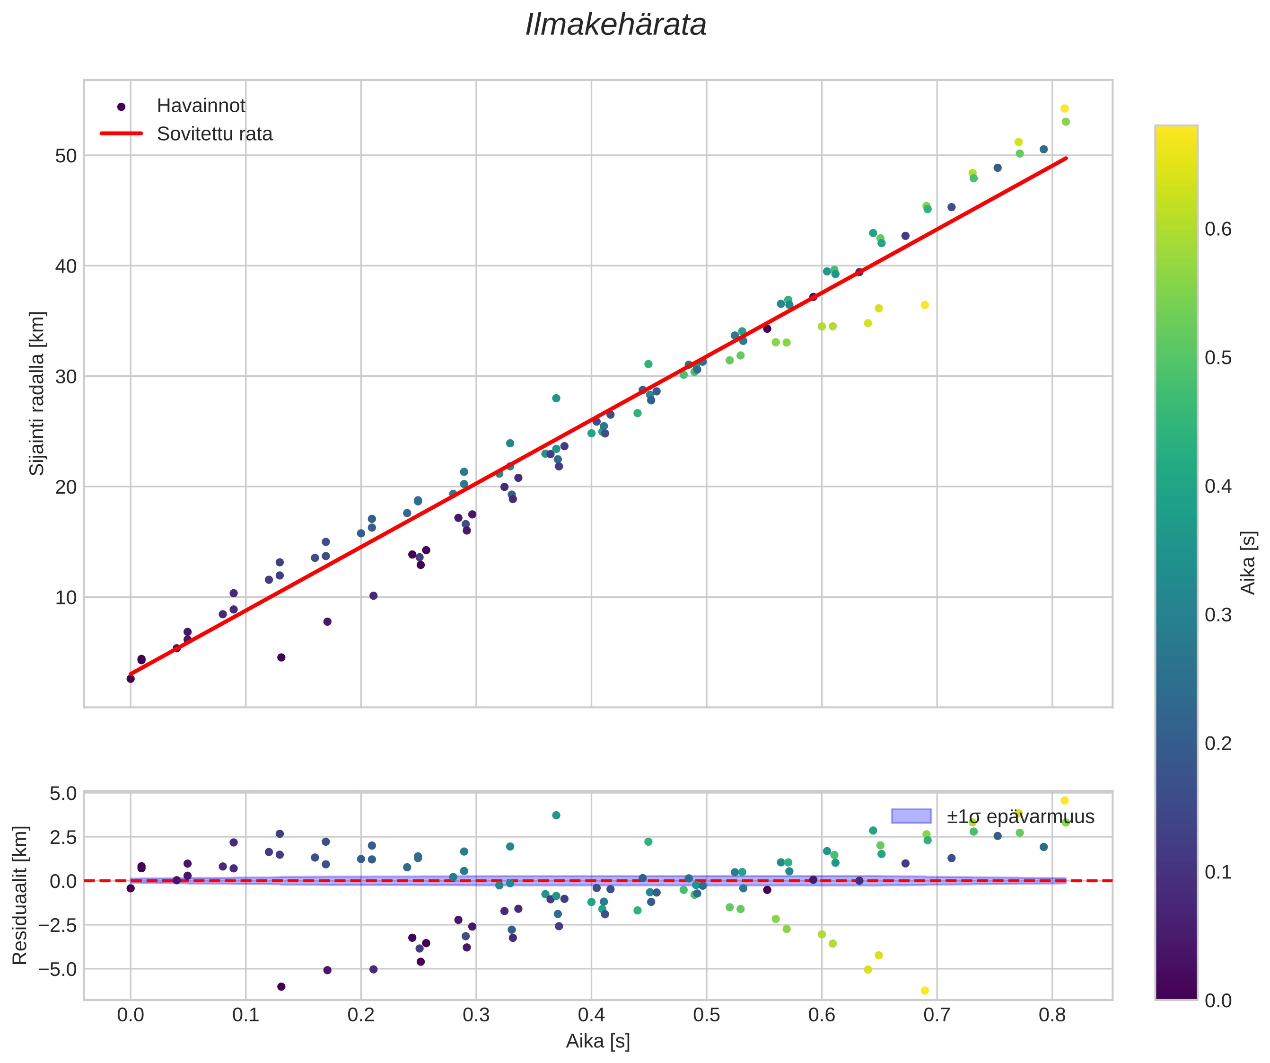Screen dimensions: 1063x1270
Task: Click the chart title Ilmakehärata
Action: pyautogui.click(x=616, y=26)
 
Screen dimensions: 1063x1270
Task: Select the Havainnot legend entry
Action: pyautogui.click(x=201, y=106)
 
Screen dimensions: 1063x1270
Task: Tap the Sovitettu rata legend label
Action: pyautogui.click(x=215, y=134)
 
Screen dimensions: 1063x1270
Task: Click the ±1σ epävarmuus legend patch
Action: pyautogui.click(x=911, y=816)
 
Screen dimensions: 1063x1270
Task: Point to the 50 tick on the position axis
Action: pyautogui.click(x=67, y=156)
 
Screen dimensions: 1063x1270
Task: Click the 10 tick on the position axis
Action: pyautogui.click(x=67, y=598)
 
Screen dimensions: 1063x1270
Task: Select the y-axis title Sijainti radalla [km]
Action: pyautogui.click(x=37, y=393)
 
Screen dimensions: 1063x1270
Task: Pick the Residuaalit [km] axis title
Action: pyautogui.click(x=20, y=895)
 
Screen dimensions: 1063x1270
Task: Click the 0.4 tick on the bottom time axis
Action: pyautogui.click(x=591, y=1015)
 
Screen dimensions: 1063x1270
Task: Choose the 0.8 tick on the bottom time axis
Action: pyautogui.click(x=1052, y=1015)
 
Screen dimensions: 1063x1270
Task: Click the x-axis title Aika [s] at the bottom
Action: pyautogui.click(x=597, y=1041)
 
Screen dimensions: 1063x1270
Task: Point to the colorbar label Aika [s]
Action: pyautogui.click(x=1248, y=563)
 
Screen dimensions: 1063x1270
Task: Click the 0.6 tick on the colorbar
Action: pyautogui.click(x=1218, y=229)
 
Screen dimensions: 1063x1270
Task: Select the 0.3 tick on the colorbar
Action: pyautogui.click(x=1218, y=615)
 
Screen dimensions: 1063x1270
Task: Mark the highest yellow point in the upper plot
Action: pyautogui.click(x=1064, y=109)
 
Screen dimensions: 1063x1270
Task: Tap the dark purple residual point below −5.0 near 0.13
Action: pyautogui.click(x=281, y=987)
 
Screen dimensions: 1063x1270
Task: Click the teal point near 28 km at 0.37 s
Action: pyautogui.click(x=556, y=398)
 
